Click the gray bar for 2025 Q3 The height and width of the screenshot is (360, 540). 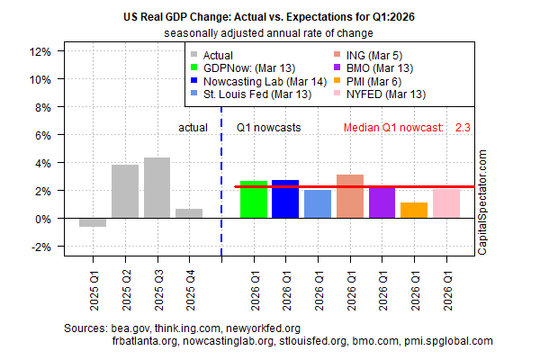(x=157, y=188)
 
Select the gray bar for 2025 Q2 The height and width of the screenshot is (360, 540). (x=125, y=192)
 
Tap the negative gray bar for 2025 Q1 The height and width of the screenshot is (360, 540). (x=93, y=222)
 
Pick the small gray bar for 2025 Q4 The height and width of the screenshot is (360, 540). (x=189, y=213)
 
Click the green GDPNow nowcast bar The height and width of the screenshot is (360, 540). (x=254, y=200)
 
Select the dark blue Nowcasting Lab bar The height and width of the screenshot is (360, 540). (x=285, y=199)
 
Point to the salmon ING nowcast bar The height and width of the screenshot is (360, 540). (x=350, y=196)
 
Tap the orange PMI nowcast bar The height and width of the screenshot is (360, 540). (x=414, y=211)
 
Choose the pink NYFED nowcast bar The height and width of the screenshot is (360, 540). (x=446, y=202)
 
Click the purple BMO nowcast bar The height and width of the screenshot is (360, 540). (x=382, y=202)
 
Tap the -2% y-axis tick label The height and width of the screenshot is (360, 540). (x=38, y=247)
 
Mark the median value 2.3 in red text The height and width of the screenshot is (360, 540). (x=463, y=128)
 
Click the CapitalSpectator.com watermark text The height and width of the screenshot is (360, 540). (x=482, y=203)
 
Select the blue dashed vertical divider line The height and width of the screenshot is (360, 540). (x=221, y=180)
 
